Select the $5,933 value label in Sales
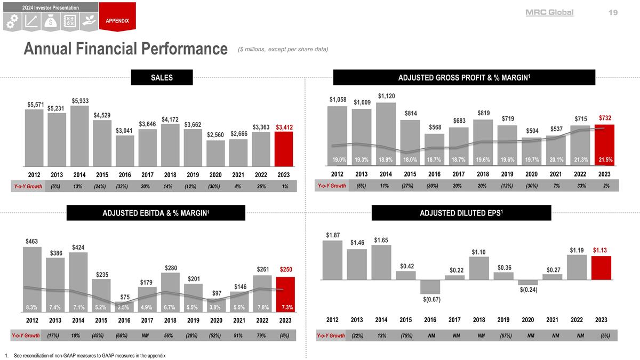point(81,101)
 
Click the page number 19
point(612,12)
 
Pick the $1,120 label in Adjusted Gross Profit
point(387,96)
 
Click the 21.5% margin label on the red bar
point(604,159)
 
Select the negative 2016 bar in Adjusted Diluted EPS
point(430,286)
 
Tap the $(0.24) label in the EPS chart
point(528,290)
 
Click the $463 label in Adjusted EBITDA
point(32,242)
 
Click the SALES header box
point(162,78)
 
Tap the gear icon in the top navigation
point(13,21)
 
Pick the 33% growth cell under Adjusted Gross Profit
point(580,186)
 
